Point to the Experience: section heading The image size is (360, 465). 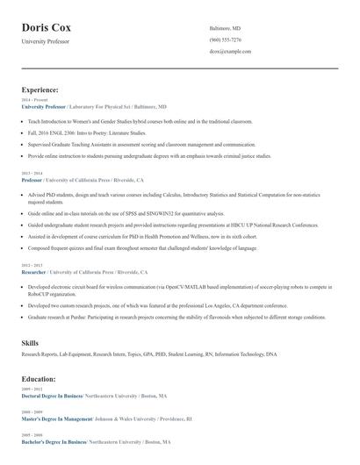40,89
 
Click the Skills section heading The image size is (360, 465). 30,342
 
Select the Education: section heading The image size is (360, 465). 39,379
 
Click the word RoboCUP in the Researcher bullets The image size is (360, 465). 39,296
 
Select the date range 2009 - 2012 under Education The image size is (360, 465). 31,390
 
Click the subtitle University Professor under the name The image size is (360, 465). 46,41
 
